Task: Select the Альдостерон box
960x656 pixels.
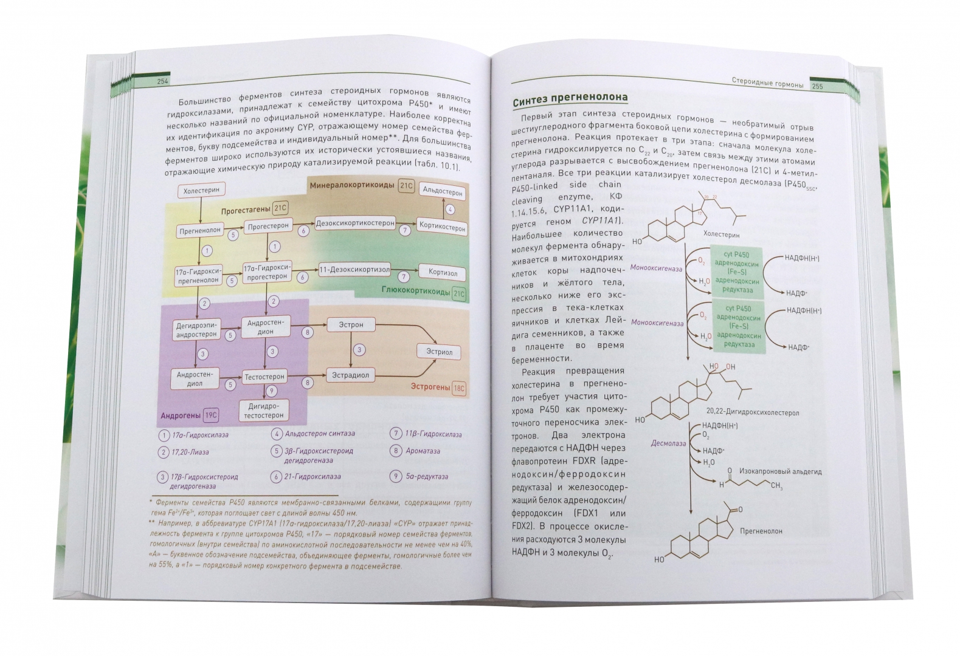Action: click(443, 191)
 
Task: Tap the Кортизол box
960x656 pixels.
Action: click(442, 273)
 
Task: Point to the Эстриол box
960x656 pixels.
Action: click(438, 352)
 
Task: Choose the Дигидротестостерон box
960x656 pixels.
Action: click(264, 411)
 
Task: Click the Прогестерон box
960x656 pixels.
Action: click(268, 226)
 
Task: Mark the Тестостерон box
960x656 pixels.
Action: click(264, 377)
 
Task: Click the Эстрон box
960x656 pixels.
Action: click(351, 324)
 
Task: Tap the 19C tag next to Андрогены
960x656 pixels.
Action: click(211, 415)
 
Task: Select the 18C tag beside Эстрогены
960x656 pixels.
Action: click(458, 388)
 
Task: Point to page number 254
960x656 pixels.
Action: click(162, 82)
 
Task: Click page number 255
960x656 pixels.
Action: click(817, 87)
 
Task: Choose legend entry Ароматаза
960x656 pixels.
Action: click(423, 451)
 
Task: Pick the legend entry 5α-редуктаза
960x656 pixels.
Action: click(427, 476)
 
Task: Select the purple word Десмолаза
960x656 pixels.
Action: click(668, 443)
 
